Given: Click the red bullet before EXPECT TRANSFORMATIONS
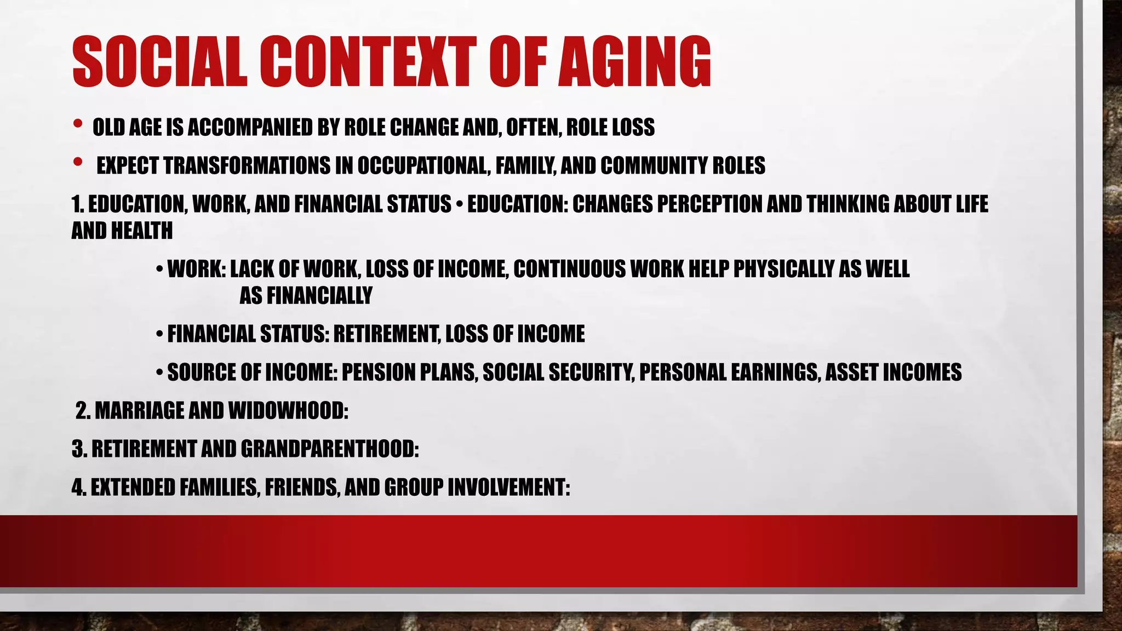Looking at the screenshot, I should coord(77,162).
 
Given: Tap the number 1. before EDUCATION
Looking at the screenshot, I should coord(78,204).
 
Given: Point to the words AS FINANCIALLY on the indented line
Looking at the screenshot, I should coord(306,296).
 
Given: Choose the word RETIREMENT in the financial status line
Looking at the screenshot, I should coord(387,334).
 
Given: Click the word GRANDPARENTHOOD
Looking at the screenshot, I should coord(330,449).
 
